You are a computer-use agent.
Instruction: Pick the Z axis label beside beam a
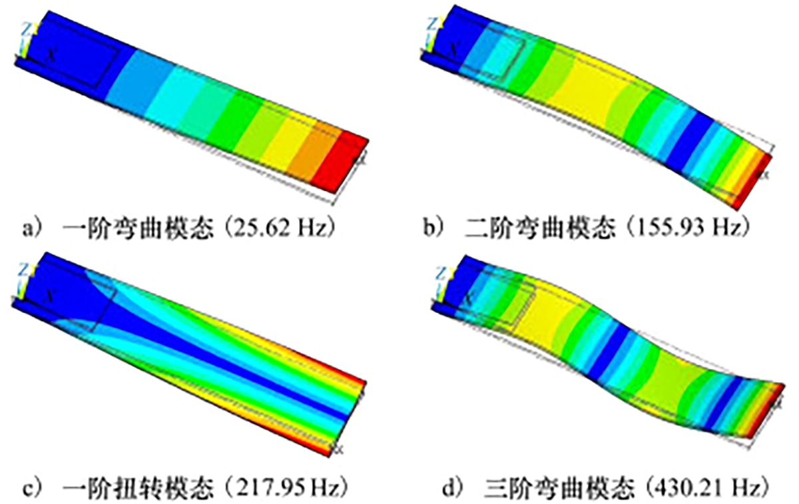click(26, 29)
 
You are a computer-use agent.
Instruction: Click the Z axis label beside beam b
click(431, 25)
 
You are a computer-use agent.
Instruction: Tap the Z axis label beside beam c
click(23, 270)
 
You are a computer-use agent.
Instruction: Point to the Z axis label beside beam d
click(441, 274)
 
